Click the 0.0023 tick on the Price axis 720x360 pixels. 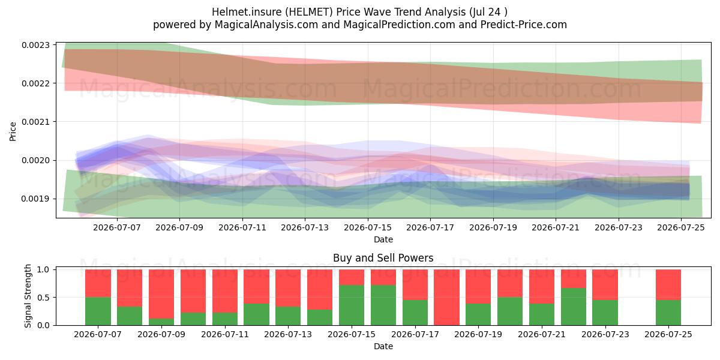point(35,45)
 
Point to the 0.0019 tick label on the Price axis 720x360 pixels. point(35,199)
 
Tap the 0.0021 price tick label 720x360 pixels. point(35,122)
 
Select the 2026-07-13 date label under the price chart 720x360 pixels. point(305,227)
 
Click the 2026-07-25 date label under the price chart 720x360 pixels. point(681,227)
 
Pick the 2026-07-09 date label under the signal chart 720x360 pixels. point(161,334)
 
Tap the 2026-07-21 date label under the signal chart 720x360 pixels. point(542,334)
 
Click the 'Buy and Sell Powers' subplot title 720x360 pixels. point(383,258)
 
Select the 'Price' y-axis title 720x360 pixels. point(13,131)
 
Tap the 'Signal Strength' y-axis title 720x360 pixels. point(28,296)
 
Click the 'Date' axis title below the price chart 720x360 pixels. point(383,239)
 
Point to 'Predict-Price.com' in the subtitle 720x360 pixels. point(524,25)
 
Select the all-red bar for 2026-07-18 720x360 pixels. point(447,298)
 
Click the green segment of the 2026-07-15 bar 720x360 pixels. point(352,305)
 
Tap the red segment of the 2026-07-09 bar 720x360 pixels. point(161,294)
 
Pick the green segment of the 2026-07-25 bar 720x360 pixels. point(668,313)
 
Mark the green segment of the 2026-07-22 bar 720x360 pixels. point(574,307)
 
